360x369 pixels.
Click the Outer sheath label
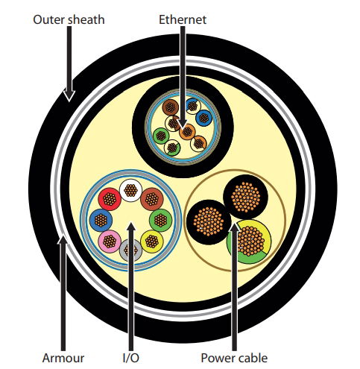point(69,19)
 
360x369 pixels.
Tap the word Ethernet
point(183,19)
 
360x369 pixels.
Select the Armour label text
point(63,358)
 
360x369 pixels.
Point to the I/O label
point(131,358)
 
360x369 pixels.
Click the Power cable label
point(234,358)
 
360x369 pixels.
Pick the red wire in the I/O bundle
point(110,199)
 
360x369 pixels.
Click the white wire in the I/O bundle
point(130,190)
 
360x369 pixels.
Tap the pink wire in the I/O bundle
point(110,242)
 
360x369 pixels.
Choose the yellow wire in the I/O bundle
point(152,242)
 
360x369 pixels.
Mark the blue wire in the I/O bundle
point(101,220)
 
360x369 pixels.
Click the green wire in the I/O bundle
point(160,220)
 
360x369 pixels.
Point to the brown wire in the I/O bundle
point(152,199)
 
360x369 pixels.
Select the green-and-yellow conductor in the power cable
point(249,241)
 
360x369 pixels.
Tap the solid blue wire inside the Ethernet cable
point(203,118)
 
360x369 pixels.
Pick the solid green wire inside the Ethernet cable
point(161,136)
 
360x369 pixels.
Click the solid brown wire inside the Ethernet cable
point(171,107)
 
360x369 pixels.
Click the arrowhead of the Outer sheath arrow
point(69,95)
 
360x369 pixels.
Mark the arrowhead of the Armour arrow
point(63,239)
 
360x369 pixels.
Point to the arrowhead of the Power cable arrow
point(234,227)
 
